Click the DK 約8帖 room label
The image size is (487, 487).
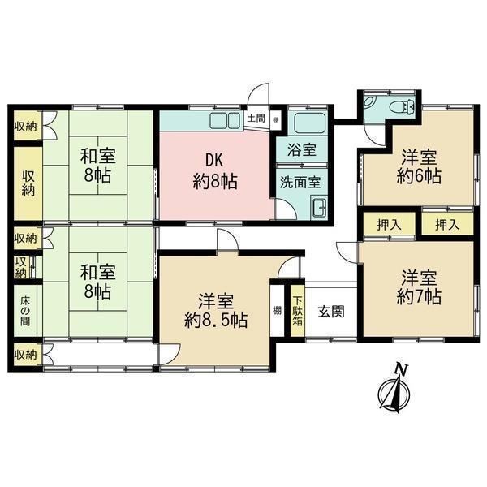tap(215, 170)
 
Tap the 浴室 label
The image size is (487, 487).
tap(302, 150)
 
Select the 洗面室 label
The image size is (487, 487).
tap(300, 183)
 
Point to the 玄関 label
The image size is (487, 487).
tap(331, 312)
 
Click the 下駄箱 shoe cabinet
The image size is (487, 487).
tap(298, 311)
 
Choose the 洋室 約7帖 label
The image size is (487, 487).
tap(419, 287)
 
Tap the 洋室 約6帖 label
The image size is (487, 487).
tap(419, 166)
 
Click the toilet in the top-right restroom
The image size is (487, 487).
tap(403, 106)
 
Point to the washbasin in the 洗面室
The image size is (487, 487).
tap(319, 206)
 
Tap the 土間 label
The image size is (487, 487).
tap(256, 119)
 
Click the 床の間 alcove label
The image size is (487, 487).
tap(25, 311)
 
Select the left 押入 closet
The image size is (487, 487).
tap(390, 224)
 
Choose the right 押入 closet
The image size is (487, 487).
tap(447, 224)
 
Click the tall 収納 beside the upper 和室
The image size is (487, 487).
tap(28, 183)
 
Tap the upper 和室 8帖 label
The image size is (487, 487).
tap(98, 166)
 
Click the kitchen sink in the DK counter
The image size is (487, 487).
tap(225, 120)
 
